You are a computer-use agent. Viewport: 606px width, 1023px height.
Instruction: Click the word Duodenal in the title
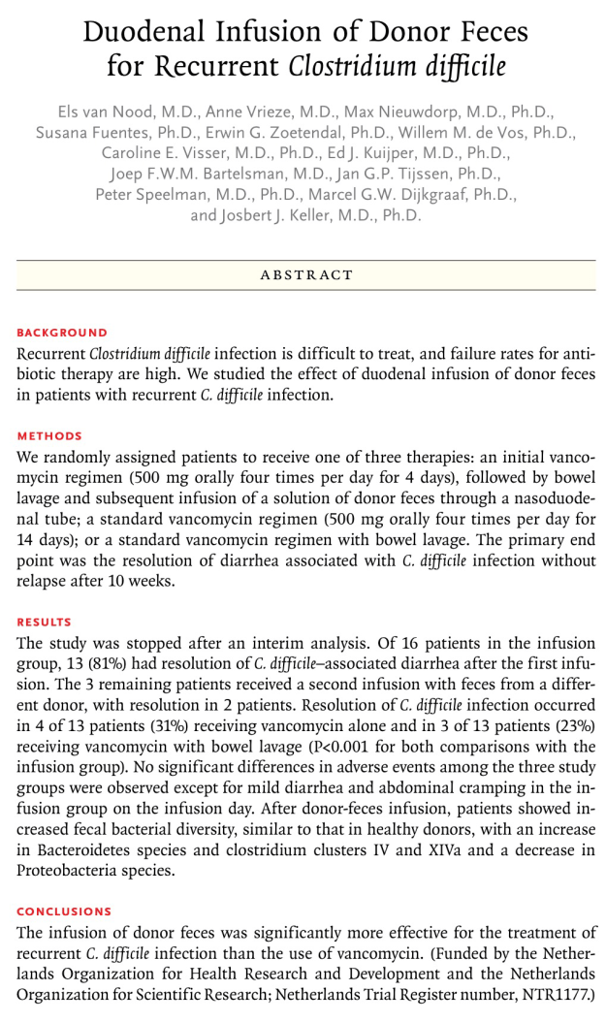143,31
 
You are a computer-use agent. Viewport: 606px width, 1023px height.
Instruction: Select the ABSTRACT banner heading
305,275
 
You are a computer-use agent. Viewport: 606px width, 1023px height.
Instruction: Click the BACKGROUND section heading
63,333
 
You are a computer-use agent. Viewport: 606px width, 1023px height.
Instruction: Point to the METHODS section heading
49,436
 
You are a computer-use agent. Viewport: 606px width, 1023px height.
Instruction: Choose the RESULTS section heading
45,623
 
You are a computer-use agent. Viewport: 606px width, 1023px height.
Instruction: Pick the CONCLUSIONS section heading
64,912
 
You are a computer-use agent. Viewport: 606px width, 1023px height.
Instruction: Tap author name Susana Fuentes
84,133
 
